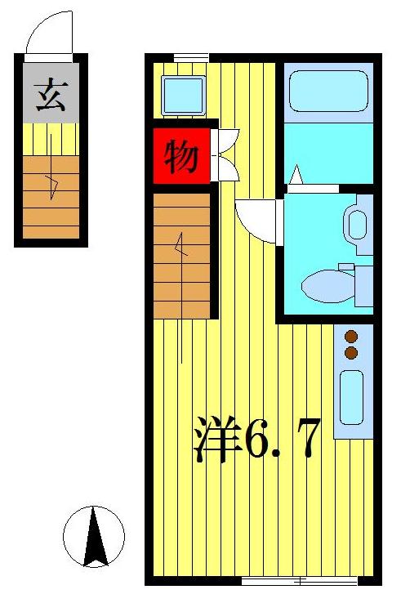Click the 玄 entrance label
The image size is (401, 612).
point(51,96)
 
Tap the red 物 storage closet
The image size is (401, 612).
point(182,155)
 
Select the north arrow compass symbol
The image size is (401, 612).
point(94,537)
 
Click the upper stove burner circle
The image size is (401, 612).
point(352,336)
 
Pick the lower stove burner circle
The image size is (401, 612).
point(352,353)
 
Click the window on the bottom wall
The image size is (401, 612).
point(299,581)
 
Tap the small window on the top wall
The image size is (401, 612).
point(191,57)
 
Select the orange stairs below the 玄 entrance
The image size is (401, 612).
point(51,196)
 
